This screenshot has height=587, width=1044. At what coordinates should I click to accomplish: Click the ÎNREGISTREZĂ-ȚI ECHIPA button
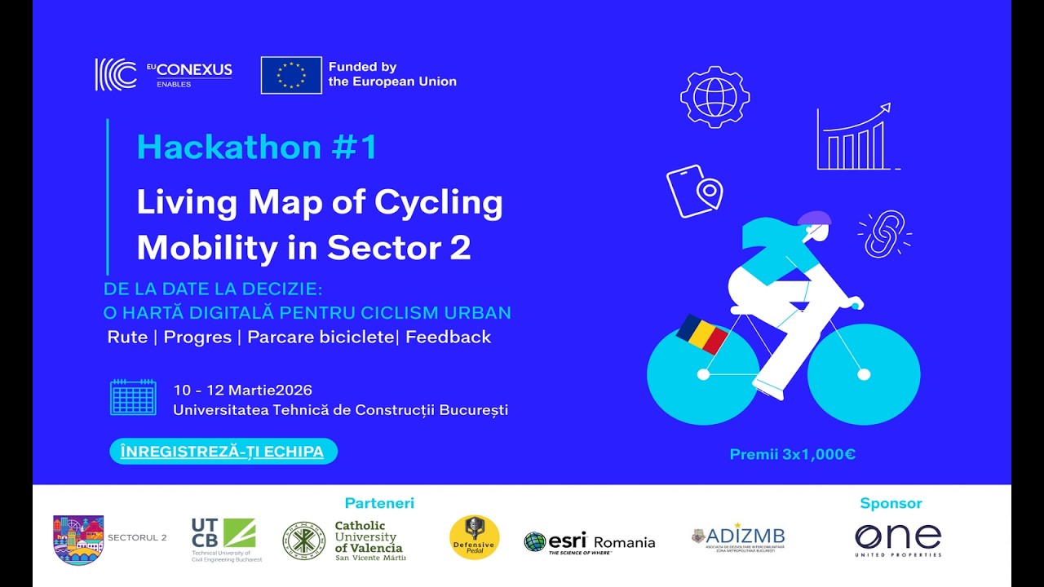[x=223, y=451]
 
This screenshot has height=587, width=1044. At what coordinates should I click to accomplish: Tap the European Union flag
[x=291, y=75]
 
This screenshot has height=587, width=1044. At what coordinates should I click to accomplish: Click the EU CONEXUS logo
[x=163, y=74]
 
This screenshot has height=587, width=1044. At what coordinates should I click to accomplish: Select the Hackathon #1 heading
[x=257, y=148]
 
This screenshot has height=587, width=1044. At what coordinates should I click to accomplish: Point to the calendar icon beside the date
[x=133, y=397]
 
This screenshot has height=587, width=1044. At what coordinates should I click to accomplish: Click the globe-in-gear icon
[x=714, y=97]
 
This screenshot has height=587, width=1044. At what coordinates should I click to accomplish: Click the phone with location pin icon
[x=694, y=191]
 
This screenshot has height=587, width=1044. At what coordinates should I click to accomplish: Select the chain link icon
[x=884, y=233]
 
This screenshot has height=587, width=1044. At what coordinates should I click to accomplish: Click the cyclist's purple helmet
[x=814, y=218]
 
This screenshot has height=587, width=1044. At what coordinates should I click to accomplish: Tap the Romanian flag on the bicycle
[x=702, y=334]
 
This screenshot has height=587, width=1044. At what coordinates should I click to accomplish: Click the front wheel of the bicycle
[x=864, y=374]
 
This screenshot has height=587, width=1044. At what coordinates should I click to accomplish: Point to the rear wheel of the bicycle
[x=702, y=374]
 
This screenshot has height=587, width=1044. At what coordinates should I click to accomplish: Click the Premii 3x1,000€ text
[x=792, y=454]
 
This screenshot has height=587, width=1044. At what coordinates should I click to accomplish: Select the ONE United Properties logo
[x=898, y=540]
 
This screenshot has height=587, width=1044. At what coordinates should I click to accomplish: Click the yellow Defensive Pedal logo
[x=475, y=537]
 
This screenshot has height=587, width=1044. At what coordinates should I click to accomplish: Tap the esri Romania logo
[x=590, y=542]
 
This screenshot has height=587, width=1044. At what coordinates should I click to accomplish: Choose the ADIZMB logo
[x=738, y=537]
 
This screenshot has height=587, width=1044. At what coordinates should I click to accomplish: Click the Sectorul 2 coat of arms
[x=78, y=539]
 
